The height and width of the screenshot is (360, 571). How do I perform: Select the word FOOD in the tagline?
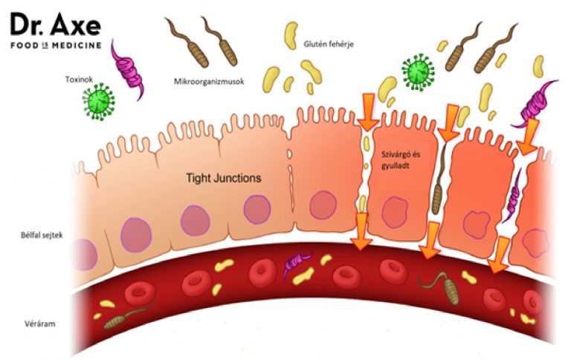point(25,46)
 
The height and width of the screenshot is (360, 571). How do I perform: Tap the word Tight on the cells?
point(200,178)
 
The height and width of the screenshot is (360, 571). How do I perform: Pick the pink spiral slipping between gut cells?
point(514,201)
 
